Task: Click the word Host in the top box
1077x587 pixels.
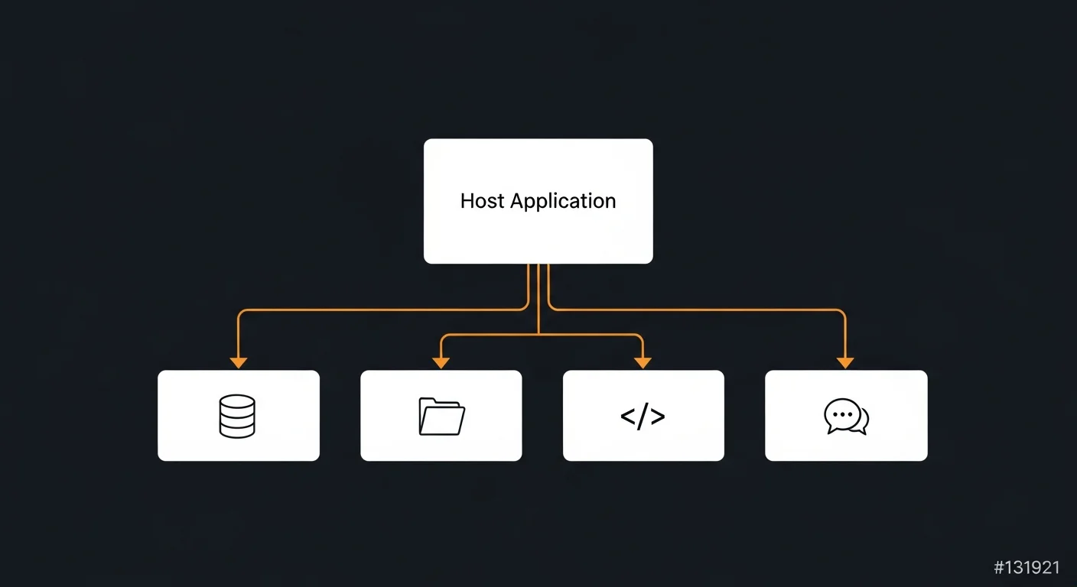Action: [x=483, y=201]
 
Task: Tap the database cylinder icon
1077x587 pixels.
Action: [x=237, y=416]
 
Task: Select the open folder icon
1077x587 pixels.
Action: [x=441, y=416]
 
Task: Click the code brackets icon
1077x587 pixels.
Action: [x=643, y=417]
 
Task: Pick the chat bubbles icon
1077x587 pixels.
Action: [x=846, y=417]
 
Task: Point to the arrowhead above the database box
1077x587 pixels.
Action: [x=239, y=362]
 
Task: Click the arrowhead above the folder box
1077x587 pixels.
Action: [x=441, y=362]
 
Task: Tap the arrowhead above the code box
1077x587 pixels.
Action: [x=643, y=362]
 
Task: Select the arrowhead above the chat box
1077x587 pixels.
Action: [x=845, y=362]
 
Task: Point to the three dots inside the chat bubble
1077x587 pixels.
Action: [x=841, y=414]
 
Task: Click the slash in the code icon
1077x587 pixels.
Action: [x=643, y=417]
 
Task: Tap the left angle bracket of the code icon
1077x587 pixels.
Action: [x=627, y=417]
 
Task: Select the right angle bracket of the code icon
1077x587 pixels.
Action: [x=658, y=417]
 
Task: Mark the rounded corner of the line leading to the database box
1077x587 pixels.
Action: [x=241, y=313]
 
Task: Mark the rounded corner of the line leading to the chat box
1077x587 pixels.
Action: [x=842, y=313]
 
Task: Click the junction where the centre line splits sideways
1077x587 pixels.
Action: [x=538, y=335]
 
